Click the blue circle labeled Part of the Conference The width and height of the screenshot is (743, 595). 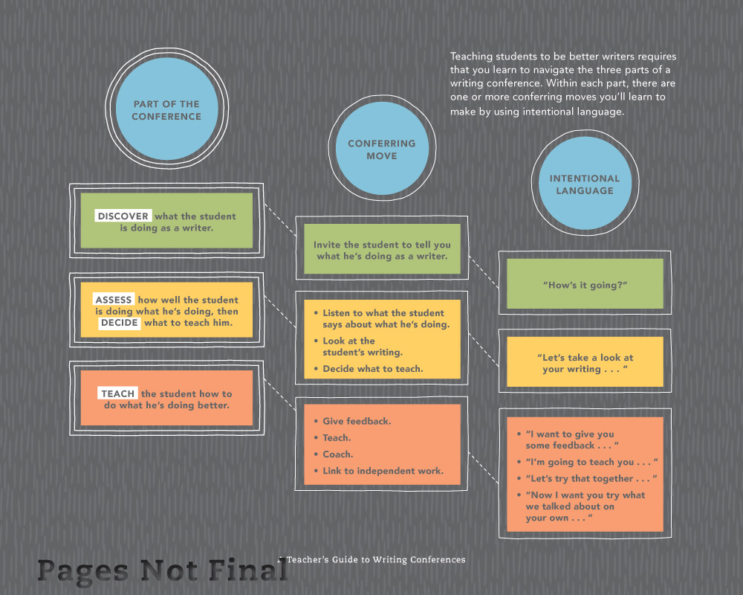point(166,111)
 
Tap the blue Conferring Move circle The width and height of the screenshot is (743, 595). point(382,149)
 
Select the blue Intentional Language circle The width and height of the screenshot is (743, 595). point(585,184)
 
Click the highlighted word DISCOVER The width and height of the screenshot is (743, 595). point(123,216)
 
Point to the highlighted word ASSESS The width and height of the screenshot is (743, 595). point(114,300)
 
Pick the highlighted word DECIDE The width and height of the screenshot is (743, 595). point(120,323)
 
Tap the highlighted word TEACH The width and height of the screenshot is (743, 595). point(118,393)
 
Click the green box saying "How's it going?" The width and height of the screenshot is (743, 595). point(585,284)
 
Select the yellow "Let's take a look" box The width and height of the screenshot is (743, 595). point(585,363)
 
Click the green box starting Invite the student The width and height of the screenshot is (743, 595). point(382,250)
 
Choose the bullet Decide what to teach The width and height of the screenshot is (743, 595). point(372,369)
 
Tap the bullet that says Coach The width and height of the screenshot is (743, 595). point(338,454)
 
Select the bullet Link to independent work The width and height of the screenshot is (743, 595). point(383,471)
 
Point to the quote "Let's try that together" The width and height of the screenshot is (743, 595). point(591,478)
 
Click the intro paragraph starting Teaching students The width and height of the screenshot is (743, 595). point(563,84)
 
